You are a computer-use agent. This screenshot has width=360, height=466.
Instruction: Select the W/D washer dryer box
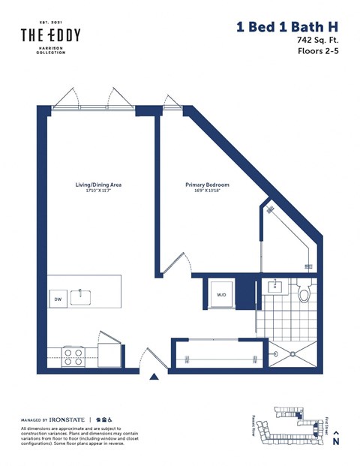pos(222,294)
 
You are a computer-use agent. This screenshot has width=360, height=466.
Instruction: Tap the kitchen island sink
pos(81,296)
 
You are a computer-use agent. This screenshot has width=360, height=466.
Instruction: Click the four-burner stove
pos(73,353)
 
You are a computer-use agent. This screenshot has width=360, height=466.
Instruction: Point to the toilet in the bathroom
pos(304,293)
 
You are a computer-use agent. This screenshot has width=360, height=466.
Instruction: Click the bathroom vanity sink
pos(275,286)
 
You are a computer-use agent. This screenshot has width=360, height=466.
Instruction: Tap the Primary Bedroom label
pos(207,185)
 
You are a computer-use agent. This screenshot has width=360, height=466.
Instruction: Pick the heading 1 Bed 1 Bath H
pos(287,27)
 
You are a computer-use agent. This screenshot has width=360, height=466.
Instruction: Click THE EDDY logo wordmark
pos(49,35)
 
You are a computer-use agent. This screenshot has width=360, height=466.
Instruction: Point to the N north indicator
pos(335,441)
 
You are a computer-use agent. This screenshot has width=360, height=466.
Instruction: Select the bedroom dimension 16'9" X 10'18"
pos(207,191)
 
